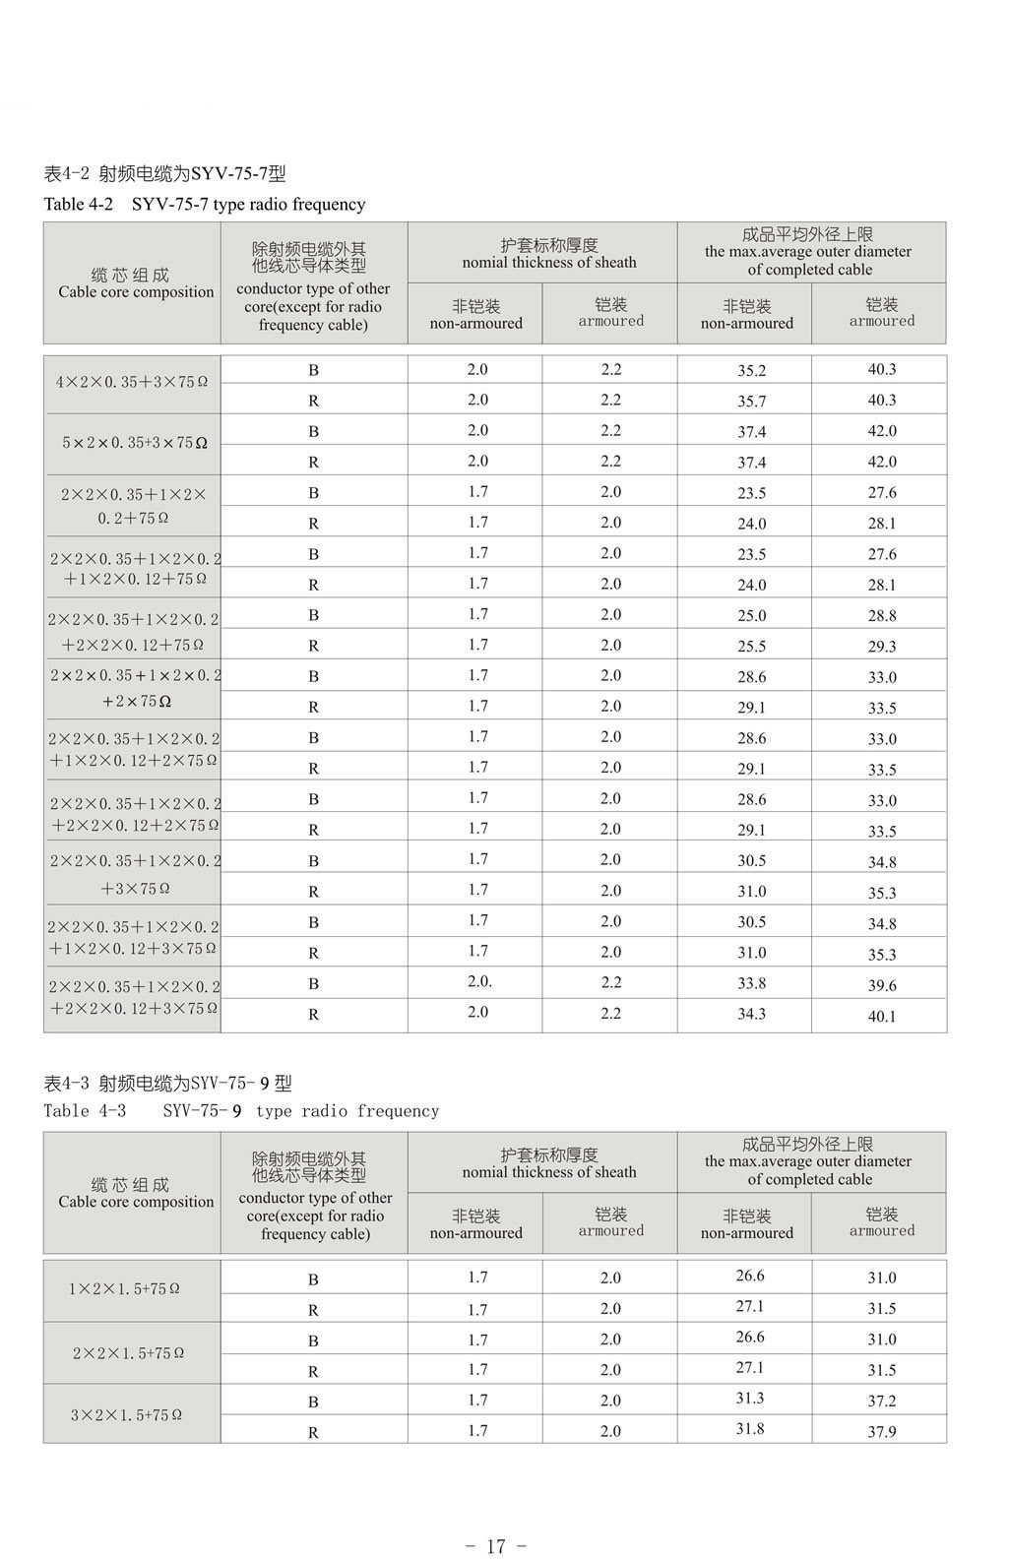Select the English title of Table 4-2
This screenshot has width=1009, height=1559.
tap(205, 205)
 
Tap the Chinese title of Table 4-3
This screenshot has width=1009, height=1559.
tap(168, 1084)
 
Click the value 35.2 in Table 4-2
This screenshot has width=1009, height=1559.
tap(751, 371)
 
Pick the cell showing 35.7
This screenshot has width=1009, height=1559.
tap(751, 402)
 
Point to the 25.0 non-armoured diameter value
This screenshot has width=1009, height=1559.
tap(751, 616)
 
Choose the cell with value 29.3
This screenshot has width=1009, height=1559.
tap(881, 647)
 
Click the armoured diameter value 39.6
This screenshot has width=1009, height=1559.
tap(881, 985)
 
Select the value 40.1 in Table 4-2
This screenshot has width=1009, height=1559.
tap(881, 1017)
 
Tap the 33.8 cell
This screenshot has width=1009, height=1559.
tap(751, 983)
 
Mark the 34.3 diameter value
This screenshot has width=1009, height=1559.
tap(751, 1014)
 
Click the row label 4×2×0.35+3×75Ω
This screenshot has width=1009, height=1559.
tap(132, 382)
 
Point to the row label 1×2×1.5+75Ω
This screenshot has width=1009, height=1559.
tap(124, 1288)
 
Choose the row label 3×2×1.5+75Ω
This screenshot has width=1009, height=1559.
tap(125, 1415)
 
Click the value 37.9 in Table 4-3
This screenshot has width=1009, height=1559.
tap(881, 1432)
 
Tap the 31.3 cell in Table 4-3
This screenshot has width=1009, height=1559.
tap(749, 1399)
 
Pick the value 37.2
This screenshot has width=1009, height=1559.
tap(881, 1401)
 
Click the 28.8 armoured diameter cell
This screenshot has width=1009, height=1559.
tap(881, 616)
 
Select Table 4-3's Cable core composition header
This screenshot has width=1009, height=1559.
tap(136, 1193)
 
